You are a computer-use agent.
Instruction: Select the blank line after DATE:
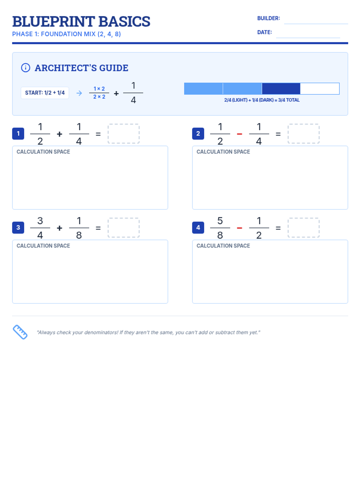308,37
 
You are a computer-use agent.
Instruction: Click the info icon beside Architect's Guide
25,67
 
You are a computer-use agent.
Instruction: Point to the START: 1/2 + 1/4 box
45,93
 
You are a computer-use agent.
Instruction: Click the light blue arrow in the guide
79,93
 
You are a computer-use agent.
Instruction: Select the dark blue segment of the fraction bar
281,88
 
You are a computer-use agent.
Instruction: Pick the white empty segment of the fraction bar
319,88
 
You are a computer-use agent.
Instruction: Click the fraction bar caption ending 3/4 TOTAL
262,100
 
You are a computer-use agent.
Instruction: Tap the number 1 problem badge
18,133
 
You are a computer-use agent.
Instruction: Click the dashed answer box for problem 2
303,133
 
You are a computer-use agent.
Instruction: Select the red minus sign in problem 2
239,134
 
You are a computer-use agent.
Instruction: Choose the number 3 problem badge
18,227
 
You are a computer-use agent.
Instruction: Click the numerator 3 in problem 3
40,220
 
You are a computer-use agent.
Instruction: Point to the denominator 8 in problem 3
79,235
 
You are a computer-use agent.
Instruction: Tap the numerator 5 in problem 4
220,220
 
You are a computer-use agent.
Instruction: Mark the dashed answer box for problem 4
303,227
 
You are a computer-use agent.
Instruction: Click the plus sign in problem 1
59,134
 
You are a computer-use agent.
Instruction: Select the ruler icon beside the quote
20,332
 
